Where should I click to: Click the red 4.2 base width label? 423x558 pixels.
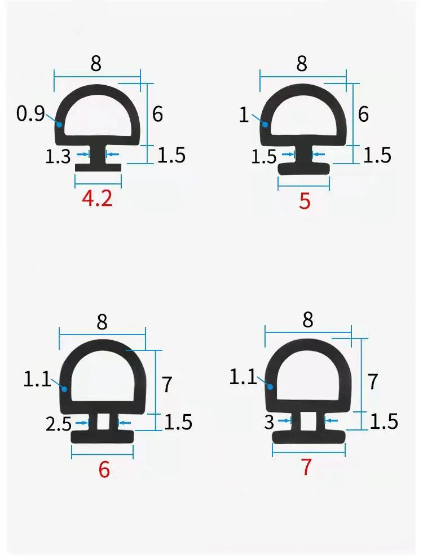pyautogui.click(x=97, y=199)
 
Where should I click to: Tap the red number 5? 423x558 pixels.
pyautogui.click(x=305, y=201)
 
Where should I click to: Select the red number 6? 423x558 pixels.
pyautogui.click(x=104, y=470)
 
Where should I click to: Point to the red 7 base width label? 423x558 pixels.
pyautogui.click(x=306, y=467)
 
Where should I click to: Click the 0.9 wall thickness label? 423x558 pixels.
pyautogui.click(x=30, y=114)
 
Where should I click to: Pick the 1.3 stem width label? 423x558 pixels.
pyautogui.click(x=58, y=157)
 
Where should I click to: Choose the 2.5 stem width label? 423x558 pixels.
pyautogui.click(x=59, y=424)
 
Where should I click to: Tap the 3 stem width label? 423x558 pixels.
pyautogui.click(x=270, y=422)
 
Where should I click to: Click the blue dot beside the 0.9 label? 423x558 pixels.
pyautogui.click(x=59, y=125)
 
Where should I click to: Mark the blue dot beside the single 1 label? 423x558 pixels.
pyautogui.click(x=265, y=124)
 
